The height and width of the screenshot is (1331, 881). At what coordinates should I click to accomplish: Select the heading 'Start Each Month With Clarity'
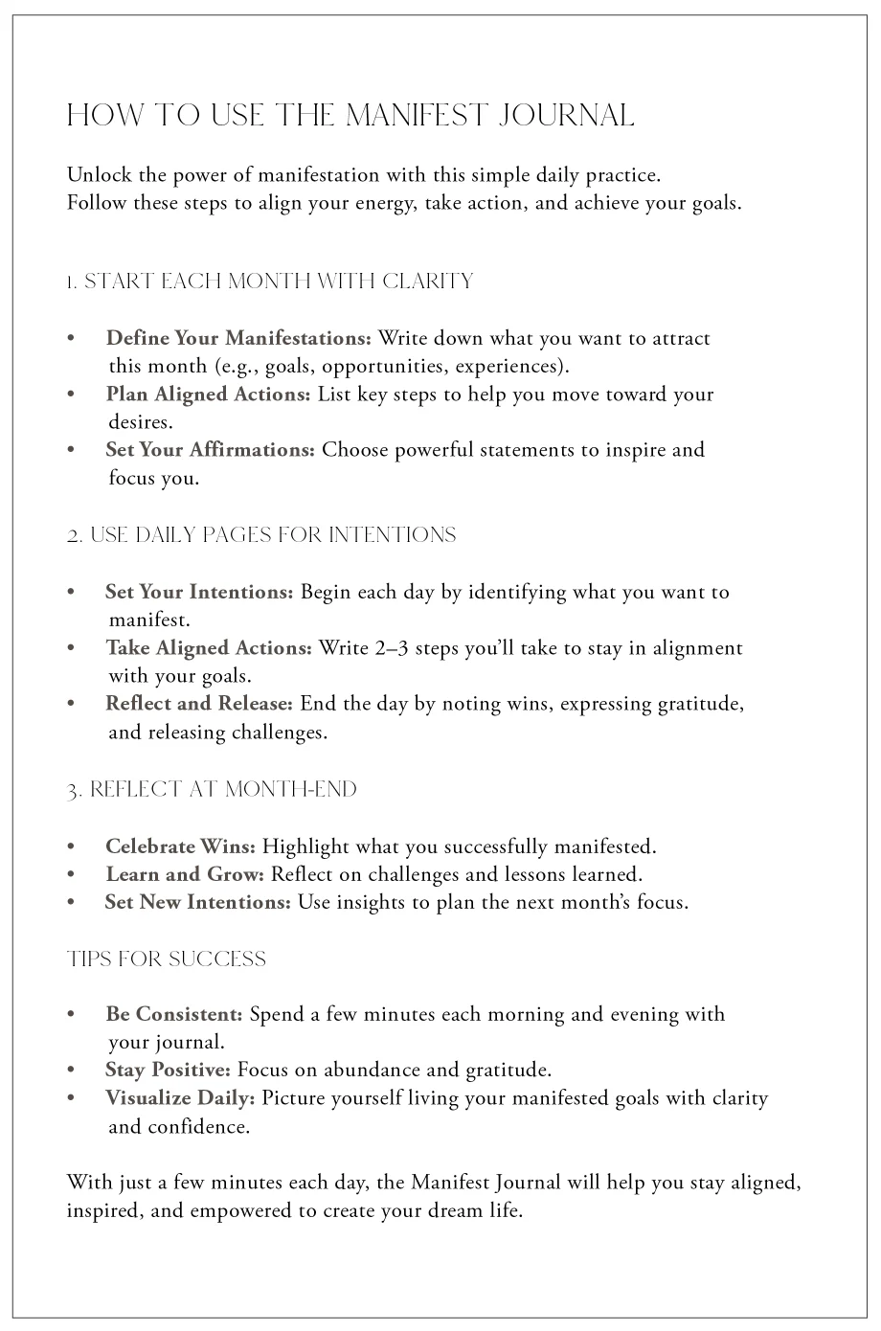coord(270,282)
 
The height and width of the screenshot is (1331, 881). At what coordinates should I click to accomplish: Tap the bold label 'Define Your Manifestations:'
coord(238,338)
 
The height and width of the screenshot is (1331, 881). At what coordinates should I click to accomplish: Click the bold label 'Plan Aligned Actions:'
coord(208,395)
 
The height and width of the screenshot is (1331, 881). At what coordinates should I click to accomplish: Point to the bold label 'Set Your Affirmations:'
coord(210,450)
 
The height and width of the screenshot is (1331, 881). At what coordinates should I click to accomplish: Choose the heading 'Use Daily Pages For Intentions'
coord(261,535)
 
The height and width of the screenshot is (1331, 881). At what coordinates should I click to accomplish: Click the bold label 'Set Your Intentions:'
coord(199,592)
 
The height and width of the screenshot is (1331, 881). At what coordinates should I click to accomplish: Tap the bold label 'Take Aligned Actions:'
coord(209,648)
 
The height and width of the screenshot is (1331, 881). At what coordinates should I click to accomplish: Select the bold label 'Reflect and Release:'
coord(199,704)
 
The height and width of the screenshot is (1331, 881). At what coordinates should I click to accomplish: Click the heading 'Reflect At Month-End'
coord(212,790)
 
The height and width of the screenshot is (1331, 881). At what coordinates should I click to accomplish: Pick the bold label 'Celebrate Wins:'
coord(180,846)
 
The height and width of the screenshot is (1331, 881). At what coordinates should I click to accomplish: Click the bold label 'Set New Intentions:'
coord(197,902)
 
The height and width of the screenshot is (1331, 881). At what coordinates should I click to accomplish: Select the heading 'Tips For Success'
coord(167,959)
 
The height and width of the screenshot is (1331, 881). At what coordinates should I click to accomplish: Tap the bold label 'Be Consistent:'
coord(174,1014)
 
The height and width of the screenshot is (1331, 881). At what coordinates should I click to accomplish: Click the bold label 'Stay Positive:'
coord(168,1070)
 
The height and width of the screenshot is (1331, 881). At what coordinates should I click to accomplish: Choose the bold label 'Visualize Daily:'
coord(180,1098)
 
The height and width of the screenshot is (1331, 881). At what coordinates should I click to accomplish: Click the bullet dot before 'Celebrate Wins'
coord(71,847)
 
